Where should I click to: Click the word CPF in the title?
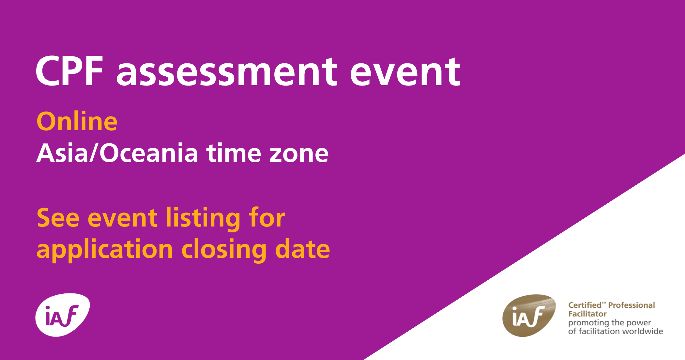69,71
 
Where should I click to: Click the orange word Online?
77,121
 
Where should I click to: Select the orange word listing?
203,219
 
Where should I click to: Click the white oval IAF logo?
63,315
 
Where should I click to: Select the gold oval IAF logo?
529,315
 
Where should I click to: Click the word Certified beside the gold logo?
585,305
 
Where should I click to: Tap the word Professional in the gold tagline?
632,305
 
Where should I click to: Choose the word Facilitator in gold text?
587,314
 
